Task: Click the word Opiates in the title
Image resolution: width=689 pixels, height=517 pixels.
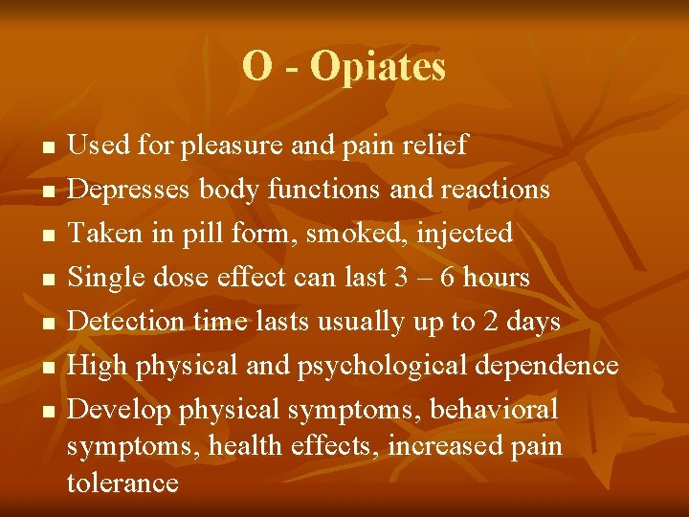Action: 378,67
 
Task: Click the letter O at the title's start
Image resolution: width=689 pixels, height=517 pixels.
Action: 256,66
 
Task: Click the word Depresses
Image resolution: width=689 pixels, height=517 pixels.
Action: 130,190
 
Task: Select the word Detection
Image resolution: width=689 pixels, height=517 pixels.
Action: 123,321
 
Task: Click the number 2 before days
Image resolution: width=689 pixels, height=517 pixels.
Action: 491,321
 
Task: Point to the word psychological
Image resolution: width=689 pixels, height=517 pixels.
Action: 388,366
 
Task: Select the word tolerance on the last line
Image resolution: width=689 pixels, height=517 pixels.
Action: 122,482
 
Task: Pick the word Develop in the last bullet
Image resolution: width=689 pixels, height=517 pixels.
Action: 120,410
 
